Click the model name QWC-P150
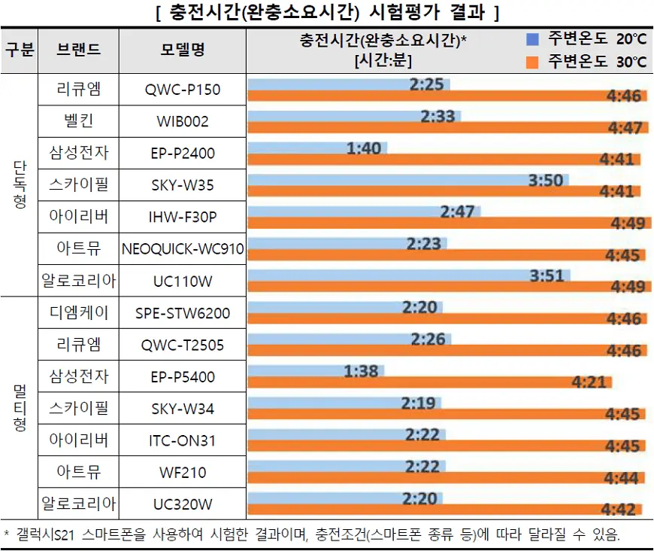[183, 90]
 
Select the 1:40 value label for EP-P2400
[364, 148]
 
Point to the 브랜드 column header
[78, 50]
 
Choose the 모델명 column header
[183, 50]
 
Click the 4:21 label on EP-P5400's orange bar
[589, 382]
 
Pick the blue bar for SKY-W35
[406, 180]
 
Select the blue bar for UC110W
[406, 275]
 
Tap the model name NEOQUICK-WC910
[183, 248]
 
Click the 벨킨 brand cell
[78, 121]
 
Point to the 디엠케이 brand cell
[78, 312]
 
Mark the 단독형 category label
[20, 184]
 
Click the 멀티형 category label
[20, 407]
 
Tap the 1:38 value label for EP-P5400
[362, 370]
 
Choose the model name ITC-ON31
[183, 440]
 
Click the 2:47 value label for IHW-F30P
[457, 212]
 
